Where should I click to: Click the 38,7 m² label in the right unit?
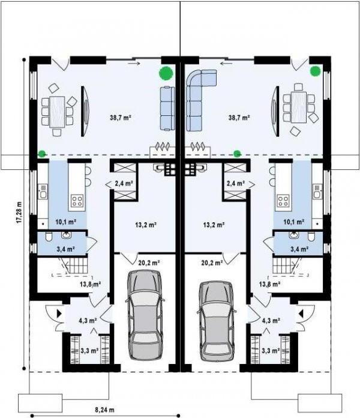tap(238, 118)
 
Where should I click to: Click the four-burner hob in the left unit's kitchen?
tap(77, 201)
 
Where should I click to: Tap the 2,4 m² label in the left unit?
tap(124, 183)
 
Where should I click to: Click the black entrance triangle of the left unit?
tap(58, 313)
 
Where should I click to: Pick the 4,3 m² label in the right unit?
tap(271, 321)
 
